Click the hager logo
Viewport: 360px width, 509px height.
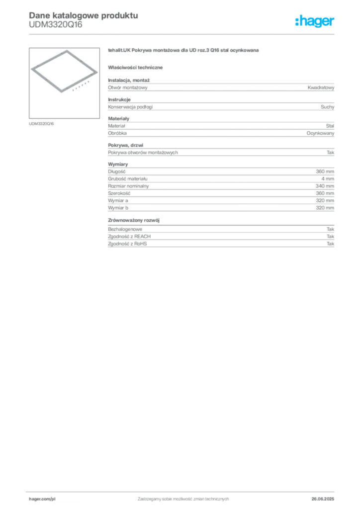(x=315, y=21)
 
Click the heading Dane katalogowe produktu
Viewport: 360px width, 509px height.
(x=84, y=15)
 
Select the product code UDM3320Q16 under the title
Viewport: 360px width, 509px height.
(x=56, y=25)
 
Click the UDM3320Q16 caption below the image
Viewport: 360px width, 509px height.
(x=41, y=124)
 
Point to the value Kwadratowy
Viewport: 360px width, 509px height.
(x=321, y=87)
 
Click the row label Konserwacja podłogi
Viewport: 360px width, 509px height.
(x=130, y=107)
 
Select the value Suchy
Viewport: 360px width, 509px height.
(x=327, y=107)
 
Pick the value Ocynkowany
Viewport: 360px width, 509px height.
(x=320, y=133)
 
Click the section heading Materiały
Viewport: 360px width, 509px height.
(x=118, y=118)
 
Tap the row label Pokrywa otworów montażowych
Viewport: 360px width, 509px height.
(x=143, y=153)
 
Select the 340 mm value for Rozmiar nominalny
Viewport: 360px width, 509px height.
(x=325, y=186)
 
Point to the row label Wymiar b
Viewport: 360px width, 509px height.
(x=118, y=208)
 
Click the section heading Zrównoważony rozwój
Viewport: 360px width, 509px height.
(x=134, y=220)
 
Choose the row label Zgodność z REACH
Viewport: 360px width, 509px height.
(x=129, y=236)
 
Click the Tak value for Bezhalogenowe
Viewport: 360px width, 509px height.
(x=330, y=229)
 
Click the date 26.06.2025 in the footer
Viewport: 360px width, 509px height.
(x=323, y=499)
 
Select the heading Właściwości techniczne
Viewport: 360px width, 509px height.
(x=135, y=68)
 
